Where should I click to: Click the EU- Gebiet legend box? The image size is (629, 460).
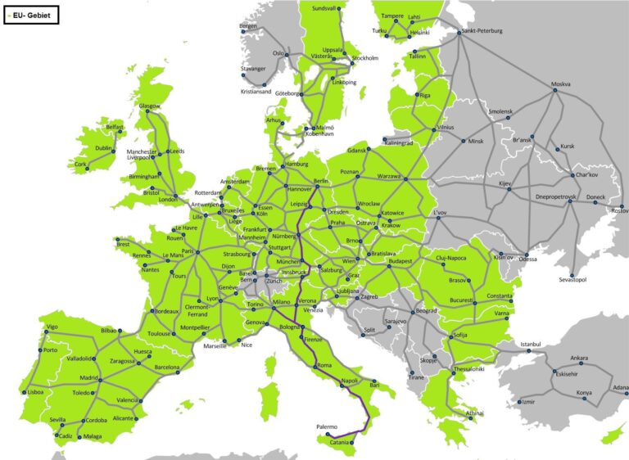pos(30,14)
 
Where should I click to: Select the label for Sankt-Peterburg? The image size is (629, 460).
pos(482,31)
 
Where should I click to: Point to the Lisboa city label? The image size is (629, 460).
pos(35,392)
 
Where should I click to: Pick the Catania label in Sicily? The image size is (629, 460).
pos(344,443)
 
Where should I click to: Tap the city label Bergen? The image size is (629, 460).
pos(248,25)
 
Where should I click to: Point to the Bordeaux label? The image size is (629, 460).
pos(166,312)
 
